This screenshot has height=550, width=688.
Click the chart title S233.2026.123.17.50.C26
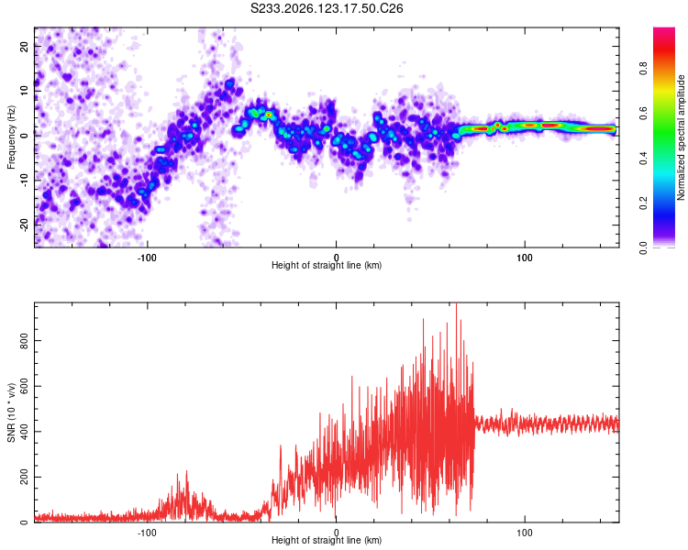(327, 8)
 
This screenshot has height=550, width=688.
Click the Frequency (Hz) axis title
(11, 137)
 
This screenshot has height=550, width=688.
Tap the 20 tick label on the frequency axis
(24, 46)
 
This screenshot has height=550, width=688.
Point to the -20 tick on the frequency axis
(24, 225)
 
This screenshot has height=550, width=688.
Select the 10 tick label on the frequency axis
(24, 91)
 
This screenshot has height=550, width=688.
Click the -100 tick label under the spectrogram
(147, 258)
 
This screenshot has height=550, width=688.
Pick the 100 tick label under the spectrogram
(525, 258)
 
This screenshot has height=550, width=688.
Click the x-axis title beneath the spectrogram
(327, 265)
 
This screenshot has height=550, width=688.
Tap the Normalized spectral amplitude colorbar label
(681, 137)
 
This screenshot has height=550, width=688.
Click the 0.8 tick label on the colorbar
(643, 69)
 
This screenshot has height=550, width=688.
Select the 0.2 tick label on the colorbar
(643, 203)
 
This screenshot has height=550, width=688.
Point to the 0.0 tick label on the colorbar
(643, 248)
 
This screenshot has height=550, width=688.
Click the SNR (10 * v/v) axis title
(11, 412)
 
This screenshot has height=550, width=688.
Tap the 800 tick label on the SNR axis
(24, 341)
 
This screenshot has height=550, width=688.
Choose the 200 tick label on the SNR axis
(24, 478)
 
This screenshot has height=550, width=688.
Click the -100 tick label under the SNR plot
(147, 533)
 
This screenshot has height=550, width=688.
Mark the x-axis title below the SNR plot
(327, 540)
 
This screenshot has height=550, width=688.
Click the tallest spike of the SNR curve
(456, 304)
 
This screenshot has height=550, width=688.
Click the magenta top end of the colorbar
(664, 29)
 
